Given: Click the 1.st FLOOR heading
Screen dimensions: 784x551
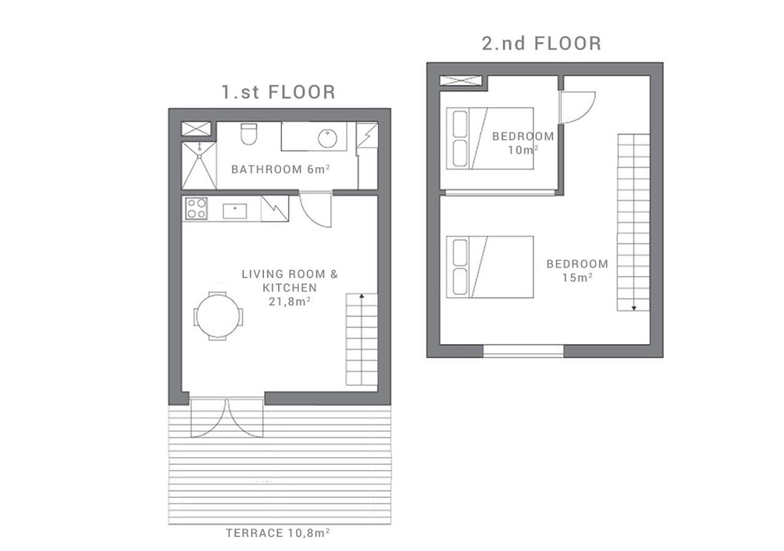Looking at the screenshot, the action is pos(279,92).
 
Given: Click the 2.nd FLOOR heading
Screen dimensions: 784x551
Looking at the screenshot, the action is pos(541,43).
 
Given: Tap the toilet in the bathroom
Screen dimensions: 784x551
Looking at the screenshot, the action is pos(249,134).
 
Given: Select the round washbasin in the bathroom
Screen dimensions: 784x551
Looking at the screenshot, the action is pos(327,138).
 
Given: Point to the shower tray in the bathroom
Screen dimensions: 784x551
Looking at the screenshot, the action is pos(199,165).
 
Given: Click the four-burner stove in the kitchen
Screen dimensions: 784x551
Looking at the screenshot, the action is pos(197,209).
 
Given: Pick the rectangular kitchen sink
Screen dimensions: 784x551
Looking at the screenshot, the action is pos(235,211).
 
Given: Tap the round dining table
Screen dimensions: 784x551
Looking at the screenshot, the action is pos(217,317).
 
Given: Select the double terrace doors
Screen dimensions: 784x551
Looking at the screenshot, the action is pos(227,417).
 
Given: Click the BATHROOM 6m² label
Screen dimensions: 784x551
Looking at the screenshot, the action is pos(281,170).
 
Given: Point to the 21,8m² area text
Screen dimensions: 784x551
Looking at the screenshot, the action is pos(290,302).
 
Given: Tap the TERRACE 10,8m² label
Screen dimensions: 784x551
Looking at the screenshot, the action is pos(277,533).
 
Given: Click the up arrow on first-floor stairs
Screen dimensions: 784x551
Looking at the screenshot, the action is pos(361,296).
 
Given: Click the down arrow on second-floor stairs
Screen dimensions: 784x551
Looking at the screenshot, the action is pos(634,308).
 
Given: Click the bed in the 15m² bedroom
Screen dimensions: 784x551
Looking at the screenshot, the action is pos(490,267).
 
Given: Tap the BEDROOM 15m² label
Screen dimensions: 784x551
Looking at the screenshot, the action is pos(577,271).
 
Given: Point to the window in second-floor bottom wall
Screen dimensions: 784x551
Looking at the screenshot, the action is pos(523,351).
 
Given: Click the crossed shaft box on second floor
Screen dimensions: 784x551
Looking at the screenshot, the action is pos(461,80).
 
